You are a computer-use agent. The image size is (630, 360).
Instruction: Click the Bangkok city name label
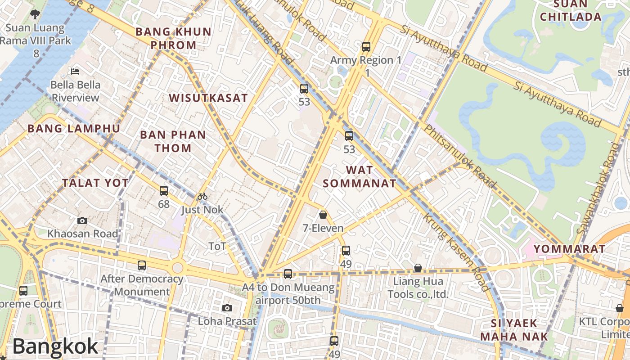(x=55, y=346)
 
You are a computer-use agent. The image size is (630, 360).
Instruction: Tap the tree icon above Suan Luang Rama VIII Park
(x=35, y=14)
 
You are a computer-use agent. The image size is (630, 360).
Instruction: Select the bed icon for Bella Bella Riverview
(x=75, y=71)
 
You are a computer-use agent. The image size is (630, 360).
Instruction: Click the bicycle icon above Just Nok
(x=202, y=196)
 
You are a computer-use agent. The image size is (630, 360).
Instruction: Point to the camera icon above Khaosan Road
(x=82, y=220)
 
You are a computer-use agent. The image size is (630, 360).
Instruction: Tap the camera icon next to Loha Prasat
(x=227, y=308)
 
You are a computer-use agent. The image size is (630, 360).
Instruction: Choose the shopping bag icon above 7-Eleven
(x=323, y=215)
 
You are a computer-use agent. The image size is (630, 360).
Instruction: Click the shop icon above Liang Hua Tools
(x=418, y=268)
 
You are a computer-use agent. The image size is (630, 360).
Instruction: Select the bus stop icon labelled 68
(x=164, y=191)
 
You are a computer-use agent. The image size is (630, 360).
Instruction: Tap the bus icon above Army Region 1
(x=366, y=46)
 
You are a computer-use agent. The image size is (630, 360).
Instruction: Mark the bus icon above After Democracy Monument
(x=142, y=265)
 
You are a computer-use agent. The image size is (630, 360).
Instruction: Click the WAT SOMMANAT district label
(x=360, y=176)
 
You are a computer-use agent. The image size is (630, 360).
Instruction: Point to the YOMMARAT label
(x=569, y=249)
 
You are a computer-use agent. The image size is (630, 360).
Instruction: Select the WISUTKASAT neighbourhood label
(x=208, y=98)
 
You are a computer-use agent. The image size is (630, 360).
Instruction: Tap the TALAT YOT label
(x=95, y=183)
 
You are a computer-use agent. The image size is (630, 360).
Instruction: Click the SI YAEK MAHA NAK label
(x=514, y=329)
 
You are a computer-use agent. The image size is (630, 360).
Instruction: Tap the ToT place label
(x=217, y=246)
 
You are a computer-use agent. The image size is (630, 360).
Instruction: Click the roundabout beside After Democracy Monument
(x=178, y=268)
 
